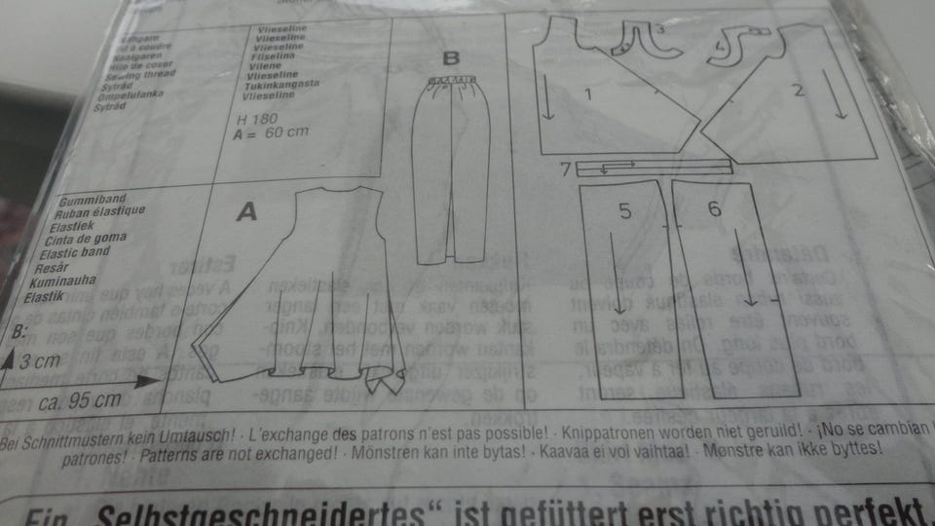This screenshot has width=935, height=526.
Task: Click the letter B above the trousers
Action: tap(450, 59)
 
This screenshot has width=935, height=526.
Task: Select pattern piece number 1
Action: tap(587, 94)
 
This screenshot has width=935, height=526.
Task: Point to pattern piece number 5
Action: tap(624, 209)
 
